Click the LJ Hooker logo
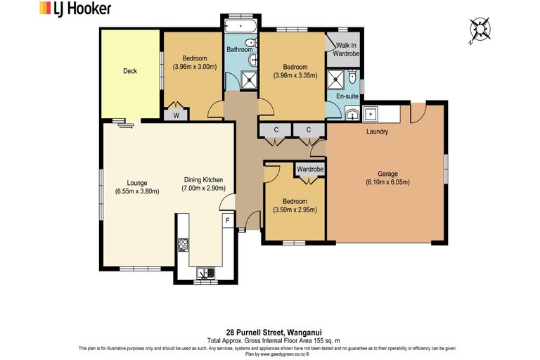(73, 9)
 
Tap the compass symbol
(480, 28)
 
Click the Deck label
(130, 71)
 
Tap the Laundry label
(378, 131)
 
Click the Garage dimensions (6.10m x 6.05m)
(387, 183)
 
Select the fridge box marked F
(227, 221)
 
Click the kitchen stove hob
(183, 245)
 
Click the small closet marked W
(176, 115)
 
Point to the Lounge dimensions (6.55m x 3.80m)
(137, 191)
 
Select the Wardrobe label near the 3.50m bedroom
(309, 169)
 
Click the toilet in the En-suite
(354, 79)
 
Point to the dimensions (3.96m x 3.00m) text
(195, 67)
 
